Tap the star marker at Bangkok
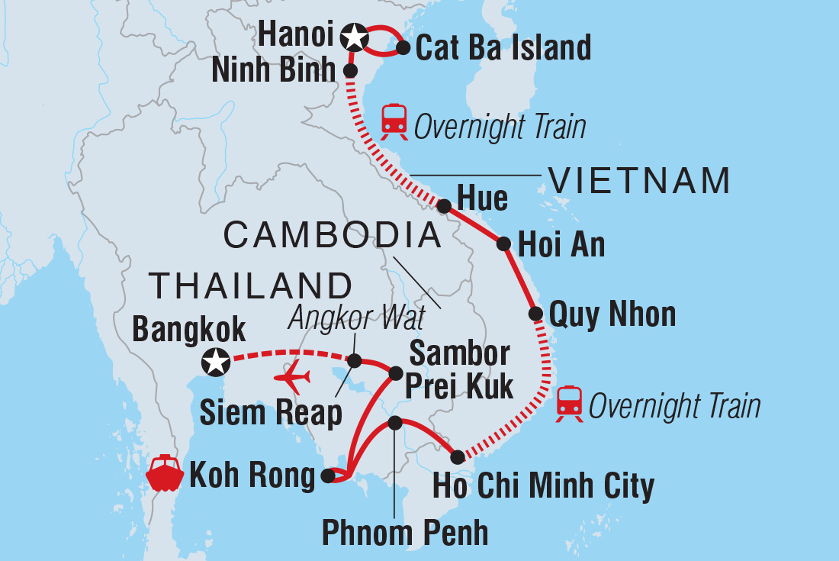216,362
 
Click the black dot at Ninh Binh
350,70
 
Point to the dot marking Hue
443,205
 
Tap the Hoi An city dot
503,244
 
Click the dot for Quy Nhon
535,313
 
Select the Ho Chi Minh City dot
457,457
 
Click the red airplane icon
293,378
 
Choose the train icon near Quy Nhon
570,404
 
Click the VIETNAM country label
639,182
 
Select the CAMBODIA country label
333,236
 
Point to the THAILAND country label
250,285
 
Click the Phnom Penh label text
405,532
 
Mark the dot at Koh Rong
328,476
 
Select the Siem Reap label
271,413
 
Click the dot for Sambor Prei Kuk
396,373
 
